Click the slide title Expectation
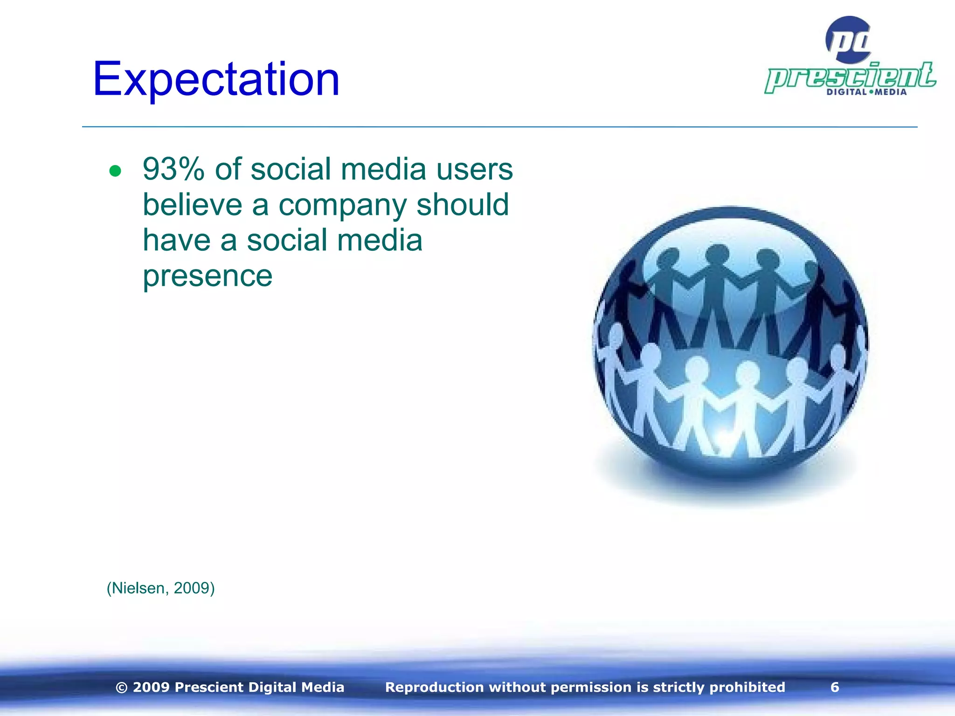click(x=216, y=80)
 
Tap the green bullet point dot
click(x=115, y=171)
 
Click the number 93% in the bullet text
click(x=173, y=169)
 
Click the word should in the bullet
click(x=462, y=205)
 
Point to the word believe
click(x=192, y=205)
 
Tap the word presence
click(x=208, y=276)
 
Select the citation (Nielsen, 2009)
click(x=160, y=588)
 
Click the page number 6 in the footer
click(x=835, y=687)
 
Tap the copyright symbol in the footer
click(x=121, y=688)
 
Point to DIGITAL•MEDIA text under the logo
click(x=866, y=92)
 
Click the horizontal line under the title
click(x=499, y=126)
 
